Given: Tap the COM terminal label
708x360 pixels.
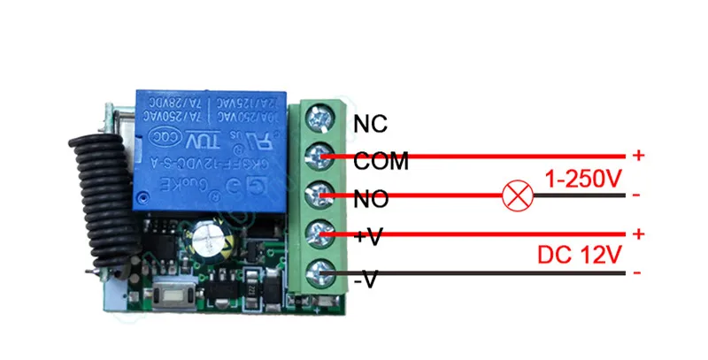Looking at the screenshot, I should point(381,162).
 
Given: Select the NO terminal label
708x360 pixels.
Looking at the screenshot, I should point(370,201).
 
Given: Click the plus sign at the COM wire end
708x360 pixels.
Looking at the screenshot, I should point(639,156).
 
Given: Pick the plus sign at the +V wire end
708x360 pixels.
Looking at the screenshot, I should point(639,234).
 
